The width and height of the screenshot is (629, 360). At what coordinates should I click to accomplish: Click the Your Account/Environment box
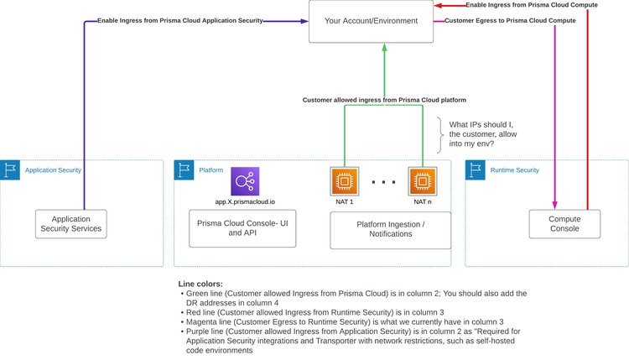click(x=372, y=21)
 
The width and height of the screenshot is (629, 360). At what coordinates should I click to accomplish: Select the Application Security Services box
click(x=71, y=223)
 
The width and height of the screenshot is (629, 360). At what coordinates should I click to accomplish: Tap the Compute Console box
click(x=564, y=223)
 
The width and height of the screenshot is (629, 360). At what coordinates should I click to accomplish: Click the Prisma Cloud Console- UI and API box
click(x=242, y=228)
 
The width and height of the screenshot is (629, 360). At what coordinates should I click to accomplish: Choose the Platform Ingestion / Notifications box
click(x=390, y=229)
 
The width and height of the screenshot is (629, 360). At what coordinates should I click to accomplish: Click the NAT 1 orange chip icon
click(x=345, y=181)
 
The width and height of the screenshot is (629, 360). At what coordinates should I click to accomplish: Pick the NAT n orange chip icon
click(x=423, y=181)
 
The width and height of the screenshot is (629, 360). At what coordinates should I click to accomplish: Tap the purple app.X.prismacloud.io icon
click(x=245, y=181)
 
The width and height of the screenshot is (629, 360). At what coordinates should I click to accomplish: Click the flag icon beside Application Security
click(x=11, y=170)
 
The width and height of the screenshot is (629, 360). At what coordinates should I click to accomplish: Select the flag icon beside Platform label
click(x=185, y=170)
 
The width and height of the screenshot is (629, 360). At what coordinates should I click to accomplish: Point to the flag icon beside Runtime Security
click(x=476, y=170)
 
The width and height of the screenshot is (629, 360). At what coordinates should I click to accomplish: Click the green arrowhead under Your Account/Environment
click(x=384, y=49)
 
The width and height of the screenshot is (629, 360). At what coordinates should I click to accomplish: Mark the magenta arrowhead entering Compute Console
click(x=554, y=204)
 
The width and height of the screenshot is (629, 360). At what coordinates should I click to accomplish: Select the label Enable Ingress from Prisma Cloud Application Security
click(x=180, y=20)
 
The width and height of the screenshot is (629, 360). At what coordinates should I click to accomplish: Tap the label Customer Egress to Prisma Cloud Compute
click(x=510, y=20)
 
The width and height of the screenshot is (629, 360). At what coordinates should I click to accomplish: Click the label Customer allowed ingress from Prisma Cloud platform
click(x=384, y=100)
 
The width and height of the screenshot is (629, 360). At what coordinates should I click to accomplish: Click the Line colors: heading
click(x=200, y=284)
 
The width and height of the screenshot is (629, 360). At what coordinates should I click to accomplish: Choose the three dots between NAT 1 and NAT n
click(x=383, y=182)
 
